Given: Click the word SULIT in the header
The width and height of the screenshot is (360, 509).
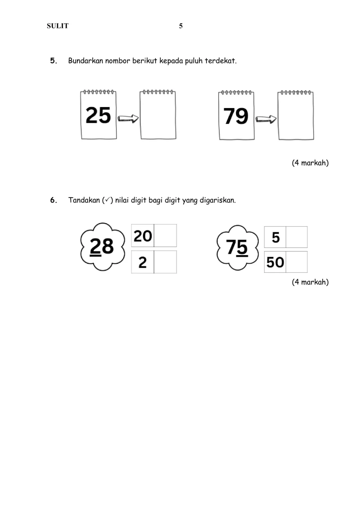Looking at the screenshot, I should click(58, 26).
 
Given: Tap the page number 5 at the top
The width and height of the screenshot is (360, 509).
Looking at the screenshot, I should click(181, 26).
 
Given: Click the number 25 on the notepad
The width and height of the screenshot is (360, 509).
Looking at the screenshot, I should click(98, 116).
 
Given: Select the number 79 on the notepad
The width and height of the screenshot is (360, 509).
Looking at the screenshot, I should click(236, 116).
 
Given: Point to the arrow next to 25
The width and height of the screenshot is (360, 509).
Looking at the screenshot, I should click(128, 119).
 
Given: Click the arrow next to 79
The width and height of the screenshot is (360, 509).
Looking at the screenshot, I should click(266, 119).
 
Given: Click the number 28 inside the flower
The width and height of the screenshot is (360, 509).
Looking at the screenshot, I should click(102, 246).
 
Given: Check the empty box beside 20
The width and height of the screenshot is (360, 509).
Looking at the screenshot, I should click(165, 235).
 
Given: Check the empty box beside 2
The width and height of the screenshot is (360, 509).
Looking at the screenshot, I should click(165, 262).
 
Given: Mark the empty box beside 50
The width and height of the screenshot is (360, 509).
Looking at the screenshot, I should click(297, 262).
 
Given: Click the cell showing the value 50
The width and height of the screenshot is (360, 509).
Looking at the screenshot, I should click(275, 262).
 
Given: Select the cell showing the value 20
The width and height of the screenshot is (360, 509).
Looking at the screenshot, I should click(143, 235).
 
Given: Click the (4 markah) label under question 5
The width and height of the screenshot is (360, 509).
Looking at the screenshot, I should click(310, 163).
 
